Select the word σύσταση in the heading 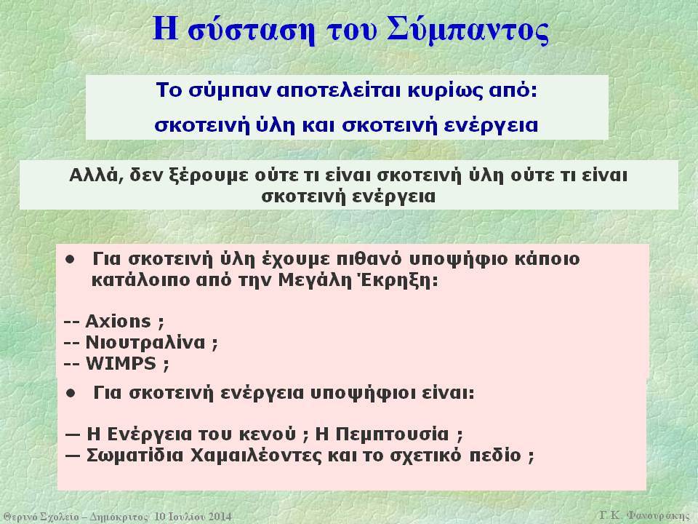coord(251,31)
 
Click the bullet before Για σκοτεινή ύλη coord(71,259)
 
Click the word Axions coord(118,321)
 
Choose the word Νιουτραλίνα coord(145,342)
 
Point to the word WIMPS coord(121,364)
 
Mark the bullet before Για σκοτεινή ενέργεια coord(71,394)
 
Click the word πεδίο coord(495,456)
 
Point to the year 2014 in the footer coord(220,517)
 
